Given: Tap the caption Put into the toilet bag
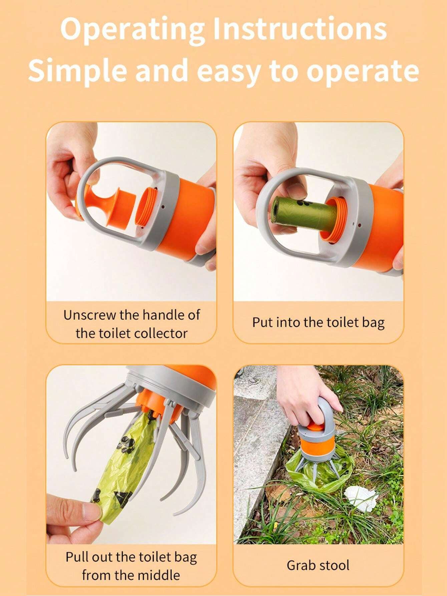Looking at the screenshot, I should pyautogui.click(x=318, y=323).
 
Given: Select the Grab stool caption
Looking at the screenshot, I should pyautogui.click(x=318, y=565).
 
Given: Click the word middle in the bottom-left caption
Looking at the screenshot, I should pyautogui.click(x=159, y=575).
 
